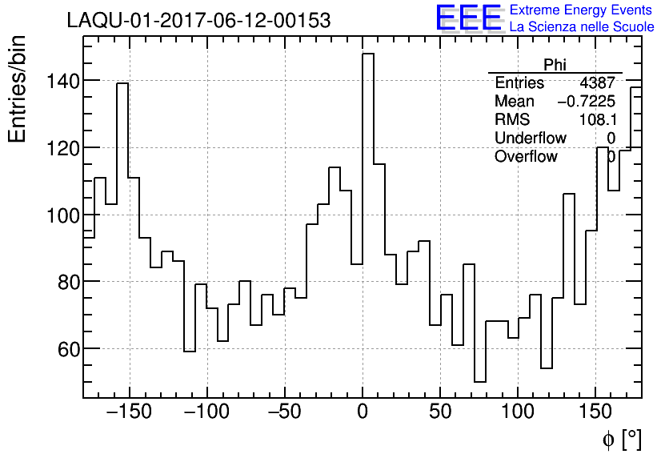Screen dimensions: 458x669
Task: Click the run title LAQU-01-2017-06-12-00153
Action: click(x=198, y=21)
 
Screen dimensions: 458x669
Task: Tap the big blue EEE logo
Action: click(x=469, y=18)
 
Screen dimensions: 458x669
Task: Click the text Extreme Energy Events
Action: click(x=580, y=10)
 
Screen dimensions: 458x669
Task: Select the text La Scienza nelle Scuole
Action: click(x=582, y=27)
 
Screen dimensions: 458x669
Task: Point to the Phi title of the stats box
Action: click(x=555, y=65)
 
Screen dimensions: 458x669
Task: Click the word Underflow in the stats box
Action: click(x=530, y=139)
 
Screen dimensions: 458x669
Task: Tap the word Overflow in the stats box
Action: click(x=526, y=157)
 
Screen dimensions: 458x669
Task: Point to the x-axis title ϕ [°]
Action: click(x=621, y=440)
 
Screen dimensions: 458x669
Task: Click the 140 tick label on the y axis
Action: click(x=62, y=81)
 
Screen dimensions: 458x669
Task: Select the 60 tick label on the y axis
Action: click(x=66, y=349)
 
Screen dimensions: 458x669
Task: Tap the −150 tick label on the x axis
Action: click(x=129, y=413)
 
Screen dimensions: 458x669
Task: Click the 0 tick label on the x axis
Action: click(x=363, y=413)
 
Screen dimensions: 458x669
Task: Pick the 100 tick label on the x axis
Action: click(x=518, y=413)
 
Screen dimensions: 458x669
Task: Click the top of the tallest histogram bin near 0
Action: click(x=368, y=54)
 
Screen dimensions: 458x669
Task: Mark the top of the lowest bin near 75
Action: click(x=480, y=382)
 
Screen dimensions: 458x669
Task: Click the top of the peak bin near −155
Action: click(x=122, y=83)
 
